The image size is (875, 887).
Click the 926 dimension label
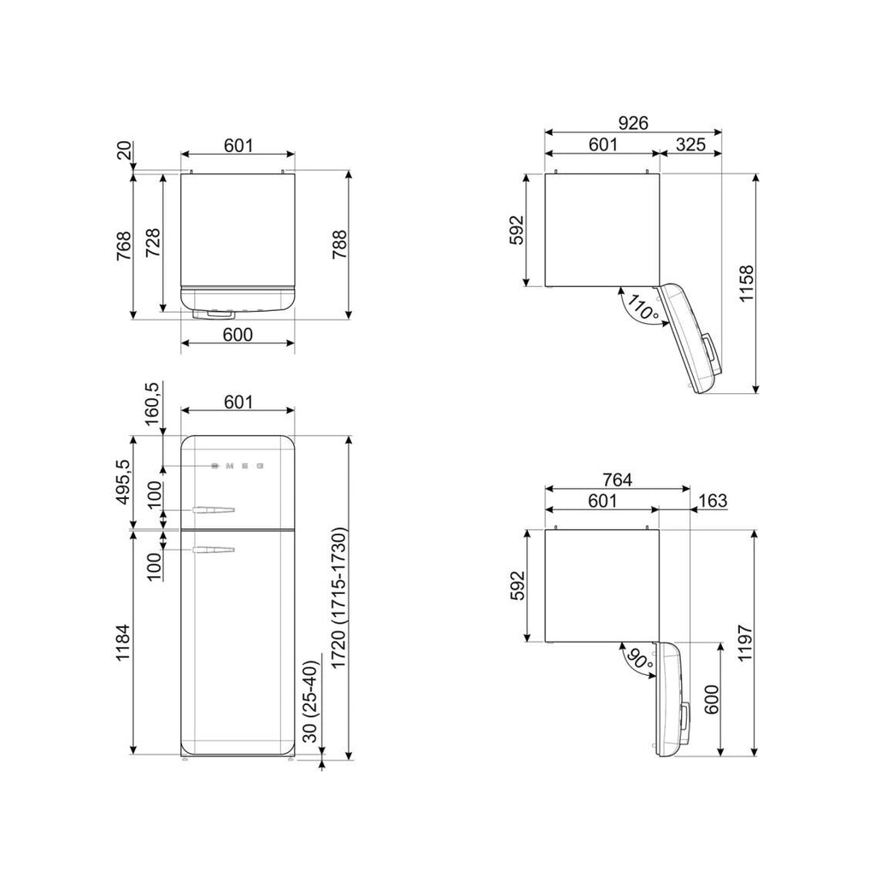coord(633,123)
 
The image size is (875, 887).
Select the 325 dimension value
coord(690,144)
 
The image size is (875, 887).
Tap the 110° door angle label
coord(643,310)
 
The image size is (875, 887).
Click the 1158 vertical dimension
coord(747,283)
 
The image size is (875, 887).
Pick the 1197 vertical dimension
coord(745,643)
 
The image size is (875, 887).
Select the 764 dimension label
coord(617,479)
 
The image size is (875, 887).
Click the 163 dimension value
coord(713,501)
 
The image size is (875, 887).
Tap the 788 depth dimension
coord(338,244)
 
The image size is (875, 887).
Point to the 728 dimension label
coord(153,244)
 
